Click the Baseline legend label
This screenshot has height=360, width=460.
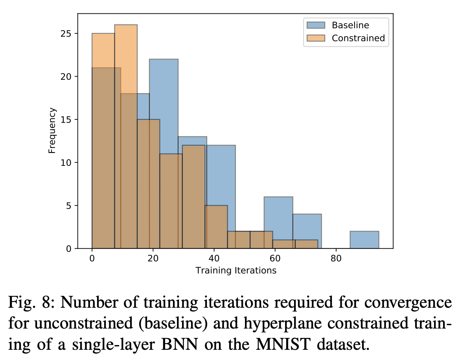pos(350,26)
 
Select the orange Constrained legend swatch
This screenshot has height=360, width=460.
pos(316,38)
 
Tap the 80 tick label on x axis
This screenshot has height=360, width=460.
pos(335,259)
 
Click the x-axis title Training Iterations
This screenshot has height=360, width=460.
pos(236,270)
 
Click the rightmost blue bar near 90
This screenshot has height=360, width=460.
pos(364,240)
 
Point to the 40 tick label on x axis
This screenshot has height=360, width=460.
pos(213,259)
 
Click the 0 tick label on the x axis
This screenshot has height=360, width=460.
pos(92,259)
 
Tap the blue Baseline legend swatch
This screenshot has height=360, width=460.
pos(316,26)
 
